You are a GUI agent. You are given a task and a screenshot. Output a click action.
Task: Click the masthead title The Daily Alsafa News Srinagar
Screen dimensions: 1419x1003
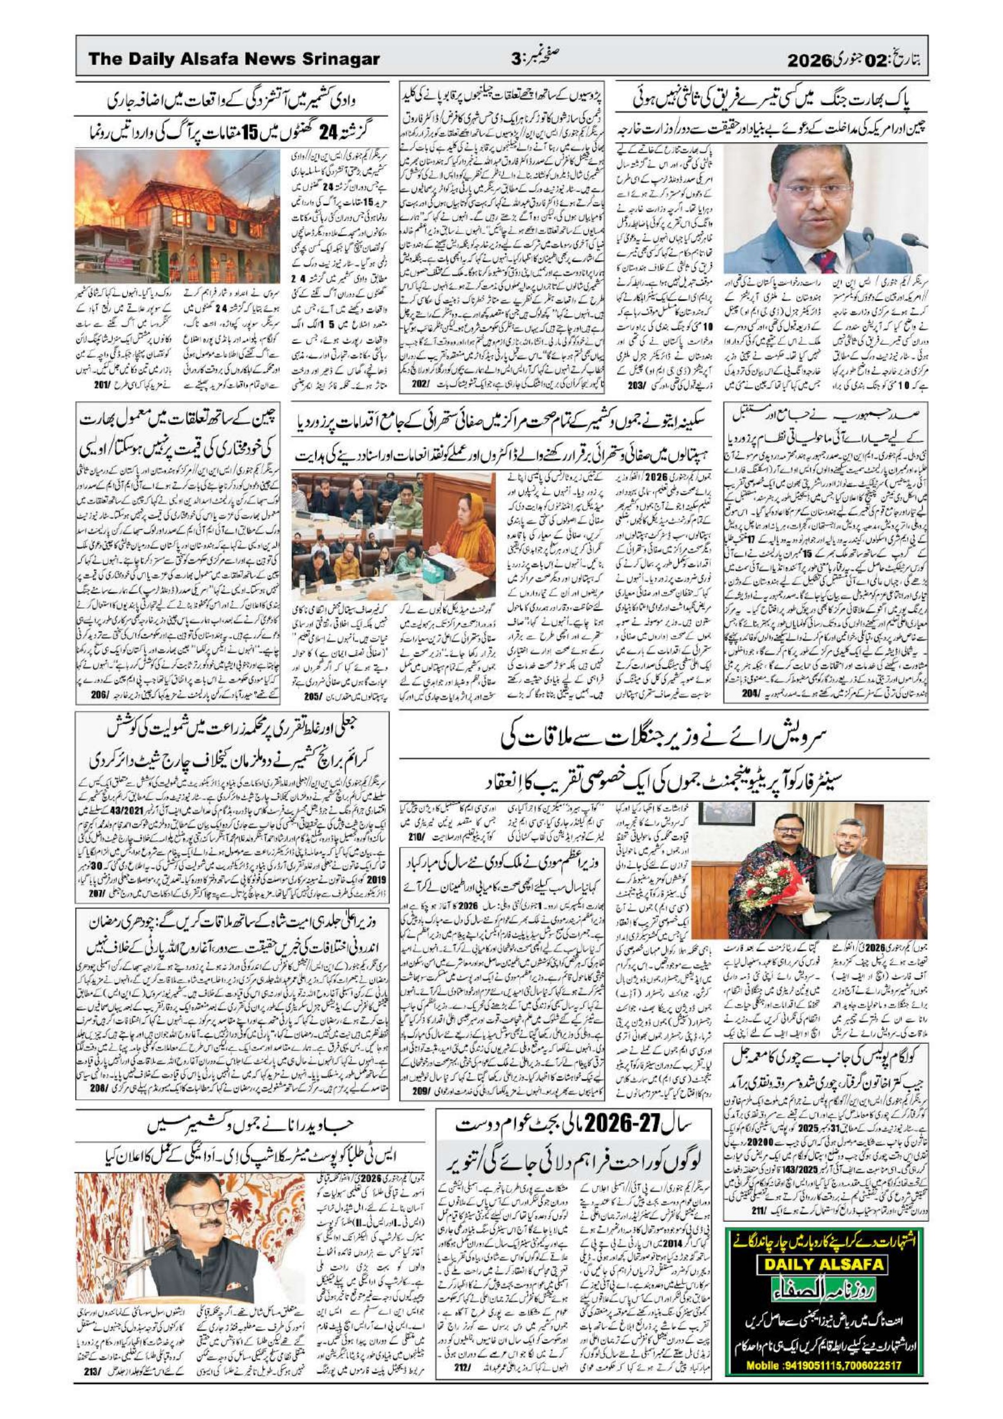pyautogui.click(x=234, y=60)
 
